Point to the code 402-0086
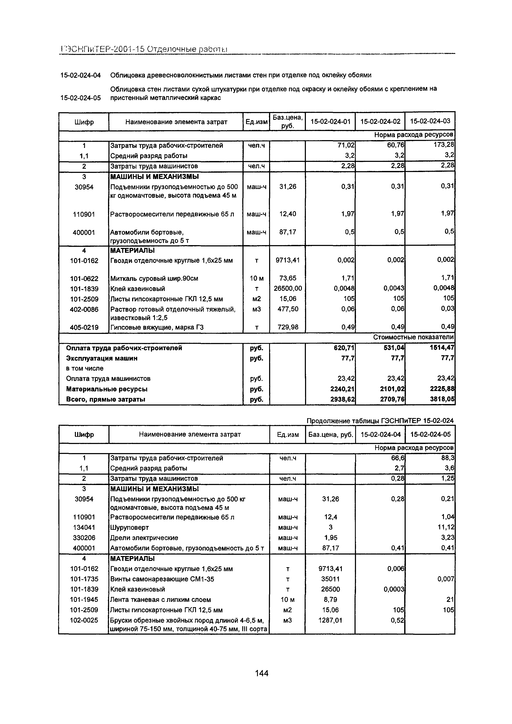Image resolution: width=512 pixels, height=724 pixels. (x=84, y=309)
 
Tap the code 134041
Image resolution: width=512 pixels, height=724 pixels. (x=84, y=527)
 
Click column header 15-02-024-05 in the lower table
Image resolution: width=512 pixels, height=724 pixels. (x=430, y=434)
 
